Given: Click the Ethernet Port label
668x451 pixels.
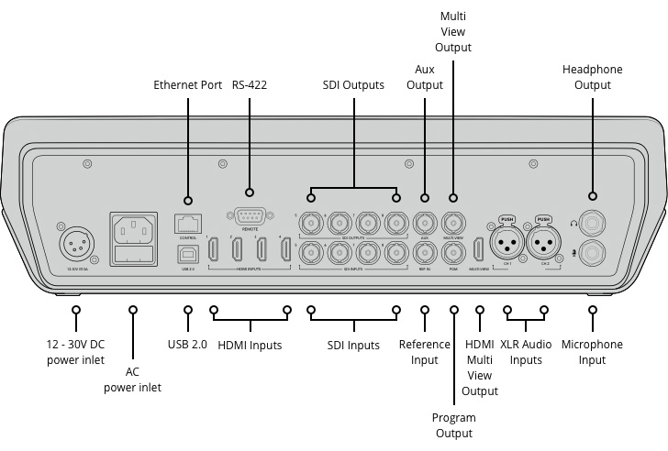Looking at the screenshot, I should [187, 85].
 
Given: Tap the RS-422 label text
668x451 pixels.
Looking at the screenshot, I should [250, 85].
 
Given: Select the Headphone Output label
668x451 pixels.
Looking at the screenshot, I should [592, 77].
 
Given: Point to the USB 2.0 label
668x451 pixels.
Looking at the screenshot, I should [188, 345].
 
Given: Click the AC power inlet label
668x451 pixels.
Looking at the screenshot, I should [132, 380].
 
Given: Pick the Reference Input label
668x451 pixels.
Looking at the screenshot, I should [425, 352].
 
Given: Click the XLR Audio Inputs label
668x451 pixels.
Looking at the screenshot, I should [526, 352].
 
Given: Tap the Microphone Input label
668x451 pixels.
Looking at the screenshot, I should [592, 352].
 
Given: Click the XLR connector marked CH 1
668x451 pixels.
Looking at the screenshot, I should [507, 243].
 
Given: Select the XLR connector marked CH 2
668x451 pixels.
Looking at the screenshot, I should [544, 243].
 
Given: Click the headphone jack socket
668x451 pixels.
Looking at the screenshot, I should [592, 222].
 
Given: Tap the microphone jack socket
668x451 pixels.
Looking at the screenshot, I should [592, 250].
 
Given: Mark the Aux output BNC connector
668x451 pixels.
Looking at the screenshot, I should [425, 222].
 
